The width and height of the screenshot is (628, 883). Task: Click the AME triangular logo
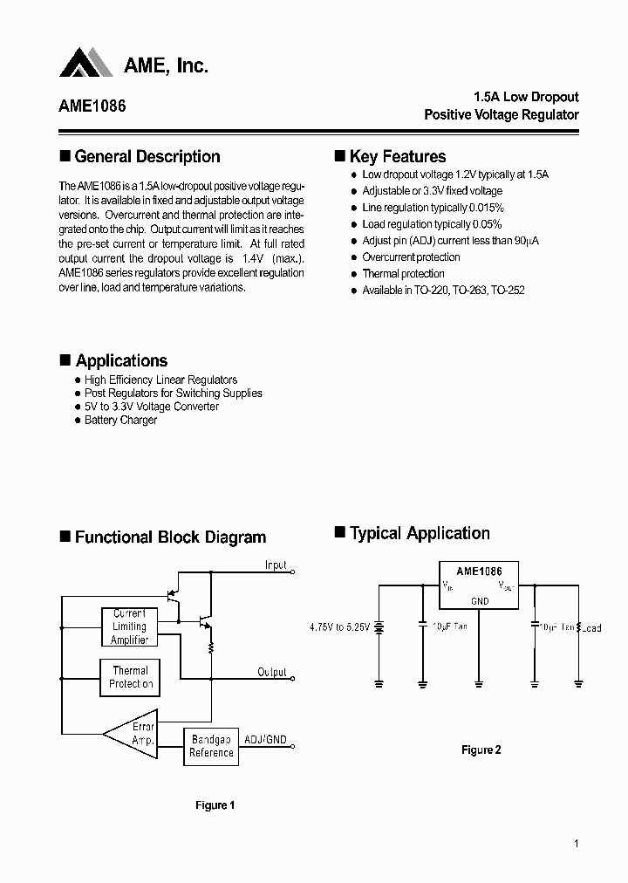click(86, 63)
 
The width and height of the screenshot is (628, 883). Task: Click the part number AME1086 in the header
click(92, 106)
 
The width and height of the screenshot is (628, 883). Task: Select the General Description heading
click(147, 157)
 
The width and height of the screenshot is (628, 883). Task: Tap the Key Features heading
click(397, 157)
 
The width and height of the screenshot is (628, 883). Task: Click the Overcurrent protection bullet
click(411, 257)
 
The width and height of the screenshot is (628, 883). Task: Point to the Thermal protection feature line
click(403, 274)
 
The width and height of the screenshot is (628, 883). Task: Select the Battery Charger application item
click(120, 421)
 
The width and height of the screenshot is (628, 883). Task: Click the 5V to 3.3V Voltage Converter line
click(151, 407)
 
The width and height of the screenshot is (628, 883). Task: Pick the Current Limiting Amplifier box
click(130, 627)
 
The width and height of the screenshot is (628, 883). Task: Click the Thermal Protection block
click(131, 678)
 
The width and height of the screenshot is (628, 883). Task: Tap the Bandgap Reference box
click(211, 746)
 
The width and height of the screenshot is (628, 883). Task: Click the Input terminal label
click(276, 565)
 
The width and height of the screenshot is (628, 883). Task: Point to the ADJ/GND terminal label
click(265, 739)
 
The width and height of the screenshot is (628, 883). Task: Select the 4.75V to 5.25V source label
click(340, 626)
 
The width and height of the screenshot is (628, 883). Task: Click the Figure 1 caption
click(215, 805)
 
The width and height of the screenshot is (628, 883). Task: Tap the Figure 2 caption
click(481, 750)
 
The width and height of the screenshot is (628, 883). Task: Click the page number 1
click(577, 844)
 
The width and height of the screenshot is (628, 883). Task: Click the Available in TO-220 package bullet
click(443, 291)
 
